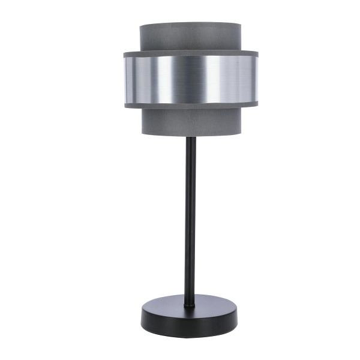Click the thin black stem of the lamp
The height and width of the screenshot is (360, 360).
189,222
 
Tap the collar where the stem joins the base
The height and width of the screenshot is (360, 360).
189,305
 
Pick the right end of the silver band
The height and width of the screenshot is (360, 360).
255,79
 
